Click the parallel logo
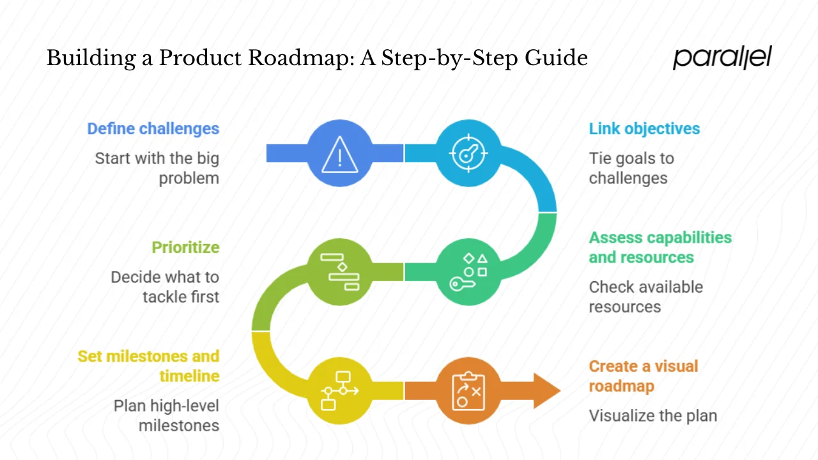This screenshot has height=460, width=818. click(722, 57)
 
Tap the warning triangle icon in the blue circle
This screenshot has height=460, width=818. click(340, 154)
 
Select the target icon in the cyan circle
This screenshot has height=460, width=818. click(468, 154)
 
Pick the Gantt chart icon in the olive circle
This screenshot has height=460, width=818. click(340, 272)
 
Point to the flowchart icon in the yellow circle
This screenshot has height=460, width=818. click(340, 390)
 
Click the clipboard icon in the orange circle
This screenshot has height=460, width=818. click(468, 390)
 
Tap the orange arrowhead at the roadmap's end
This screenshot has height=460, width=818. click(546, 390)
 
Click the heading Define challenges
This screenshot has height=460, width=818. click(153, 128)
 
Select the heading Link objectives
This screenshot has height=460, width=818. click(644, 128)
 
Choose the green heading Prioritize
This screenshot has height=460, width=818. click(185, 247)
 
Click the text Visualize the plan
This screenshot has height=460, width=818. click(652, 416)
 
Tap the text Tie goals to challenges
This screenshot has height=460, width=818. click(631, 168)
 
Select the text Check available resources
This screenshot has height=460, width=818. click(645, 296)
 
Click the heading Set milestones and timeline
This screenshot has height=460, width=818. click(149, 365)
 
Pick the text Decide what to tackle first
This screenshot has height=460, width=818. click(165, 287)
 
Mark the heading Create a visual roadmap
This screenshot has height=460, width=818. click(643, 376)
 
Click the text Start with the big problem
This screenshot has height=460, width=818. click(157, 168)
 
